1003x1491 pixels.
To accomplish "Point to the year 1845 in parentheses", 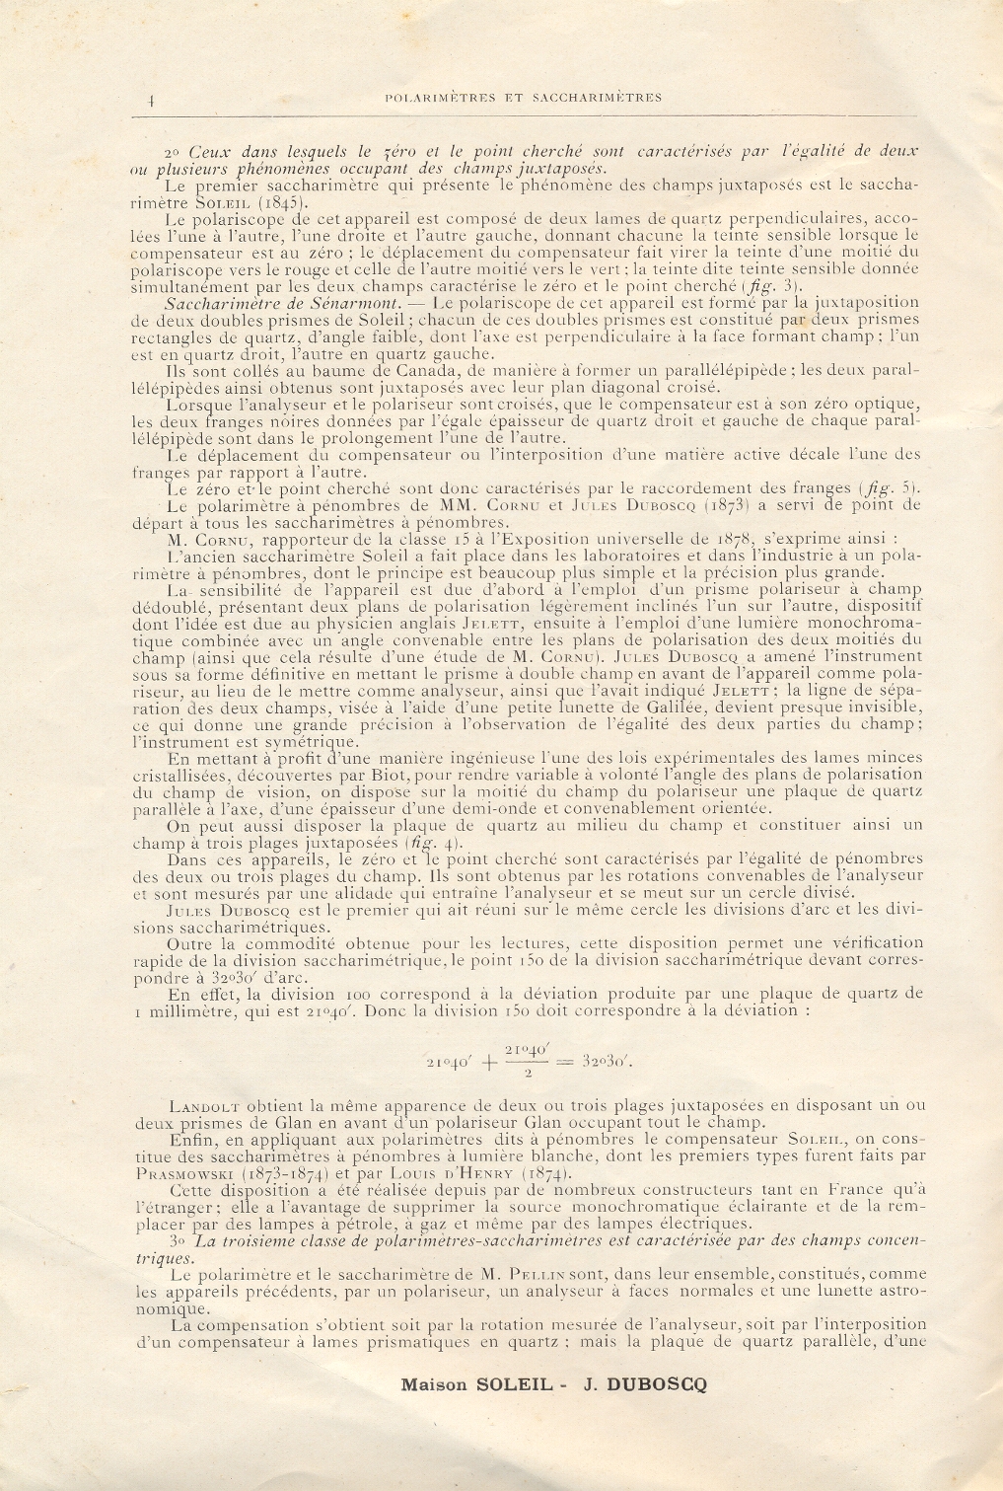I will point(261,201).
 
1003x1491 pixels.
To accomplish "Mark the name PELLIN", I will point(535,1275).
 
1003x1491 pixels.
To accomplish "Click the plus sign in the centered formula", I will point(488,1062).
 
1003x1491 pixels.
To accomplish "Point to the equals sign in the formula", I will point(565,1062).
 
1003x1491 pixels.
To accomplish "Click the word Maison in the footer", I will point(434,1384).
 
